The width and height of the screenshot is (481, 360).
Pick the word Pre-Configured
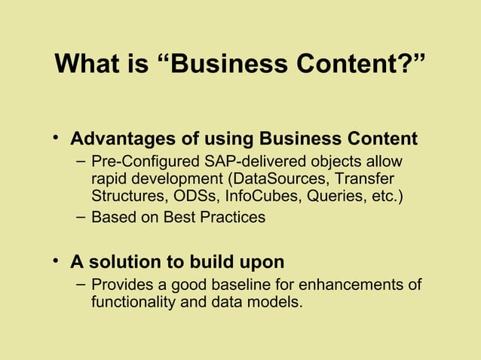click(143, 162)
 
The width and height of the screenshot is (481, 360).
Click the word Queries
click(334, 197)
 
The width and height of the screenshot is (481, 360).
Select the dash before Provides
click(81, 285)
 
